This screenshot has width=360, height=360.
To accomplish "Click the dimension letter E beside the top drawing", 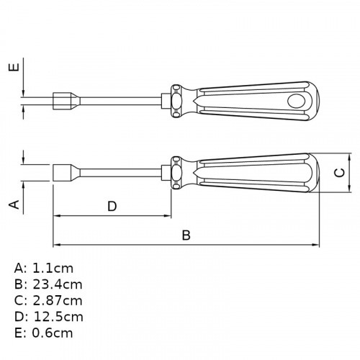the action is [x=14, y=68].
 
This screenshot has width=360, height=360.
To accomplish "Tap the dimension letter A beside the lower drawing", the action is [x=14, y=204].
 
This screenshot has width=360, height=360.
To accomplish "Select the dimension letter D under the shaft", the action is [x=112, y=207].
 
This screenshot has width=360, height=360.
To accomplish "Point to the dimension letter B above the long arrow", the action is [x=186, y=235].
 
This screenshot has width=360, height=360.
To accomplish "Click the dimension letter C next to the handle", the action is [x=340, y=173].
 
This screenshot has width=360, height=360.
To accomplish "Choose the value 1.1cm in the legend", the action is [x=53, y=269].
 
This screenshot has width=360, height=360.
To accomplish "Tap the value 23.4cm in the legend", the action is [x=58, y=284].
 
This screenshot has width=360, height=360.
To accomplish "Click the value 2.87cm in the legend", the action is [x=58, y=301].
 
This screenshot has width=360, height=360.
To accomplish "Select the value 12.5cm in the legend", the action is [x=58, y=317].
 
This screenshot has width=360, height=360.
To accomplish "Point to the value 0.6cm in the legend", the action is [x=53, y=333].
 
